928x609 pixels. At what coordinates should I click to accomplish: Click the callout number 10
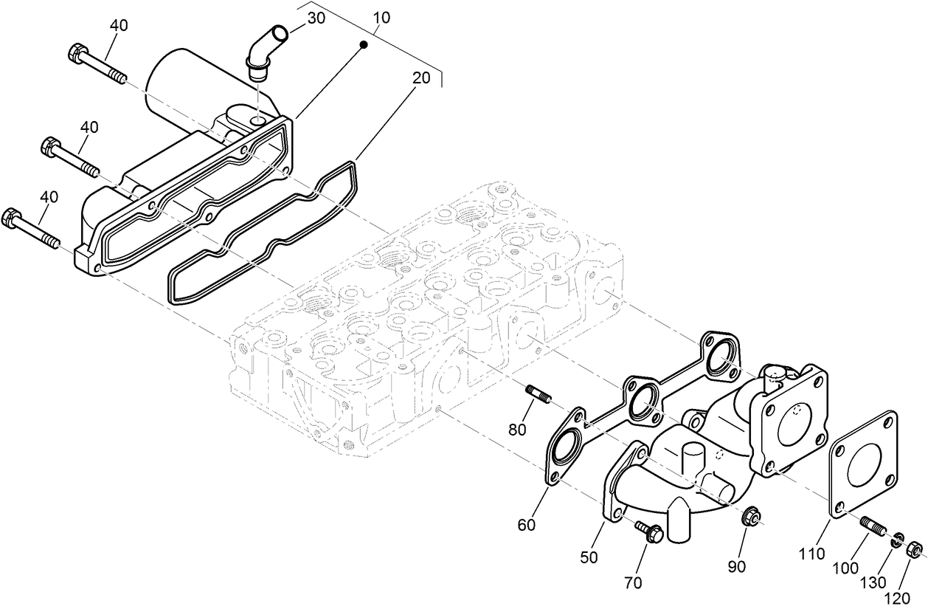coord(382,16)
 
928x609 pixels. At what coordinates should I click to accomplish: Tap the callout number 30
coord(316,18)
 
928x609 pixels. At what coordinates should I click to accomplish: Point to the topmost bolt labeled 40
coord(96,63)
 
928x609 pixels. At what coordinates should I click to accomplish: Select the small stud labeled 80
coord(536,394)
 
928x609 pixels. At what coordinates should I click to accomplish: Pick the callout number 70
coord(632,583)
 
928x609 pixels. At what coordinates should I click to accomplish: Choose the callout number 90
coord(736,566)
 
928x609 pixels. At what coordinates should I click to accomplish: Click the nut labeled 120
coord(913,549)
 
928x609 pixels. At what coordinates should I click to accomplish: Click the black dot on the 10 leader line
coord(363,46)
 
